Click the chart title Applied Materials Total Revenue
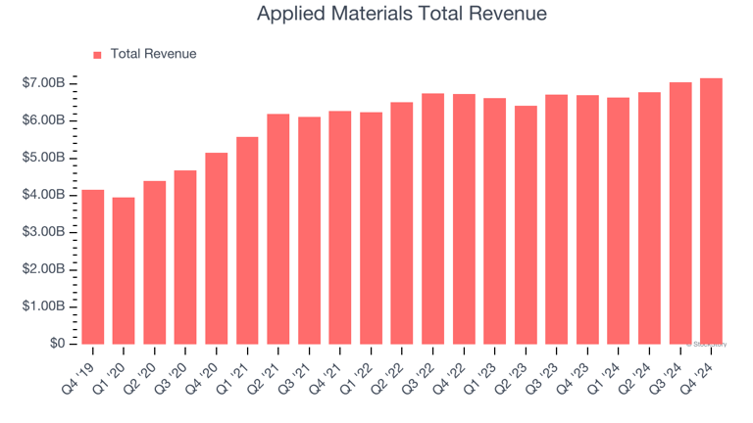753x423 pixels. (x=401, y=15)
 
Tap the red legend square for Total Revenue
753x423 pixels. (x=97, y=55)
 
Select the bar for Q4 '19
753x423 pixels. (x=93, y=266)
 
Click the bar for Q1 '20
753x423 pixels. (x=124, y=270)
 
